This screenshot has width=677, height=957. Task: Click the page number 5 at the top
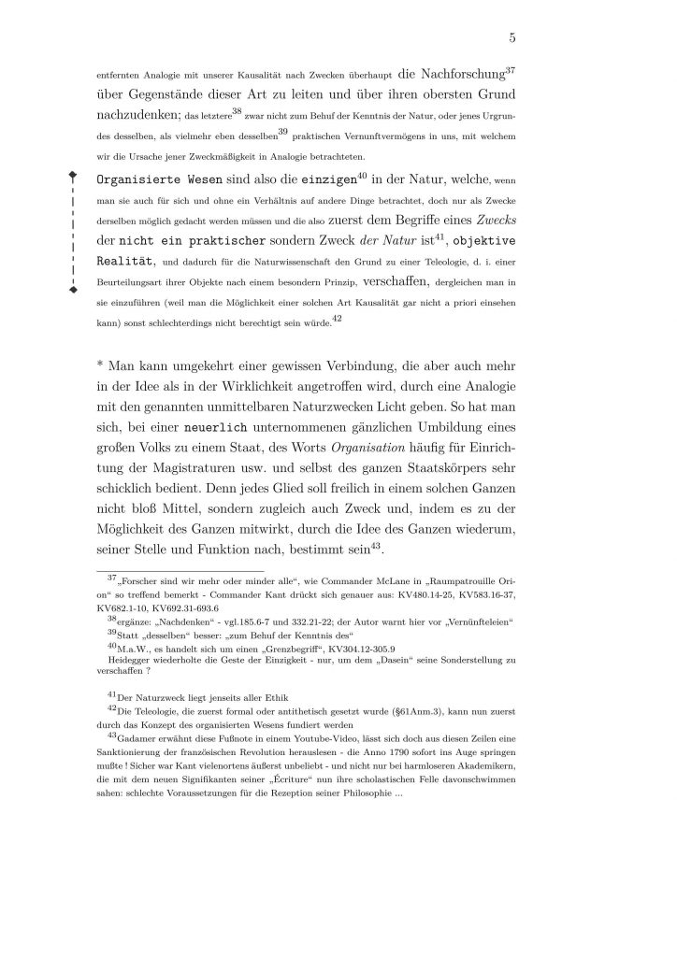click(x=513, y=37)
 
